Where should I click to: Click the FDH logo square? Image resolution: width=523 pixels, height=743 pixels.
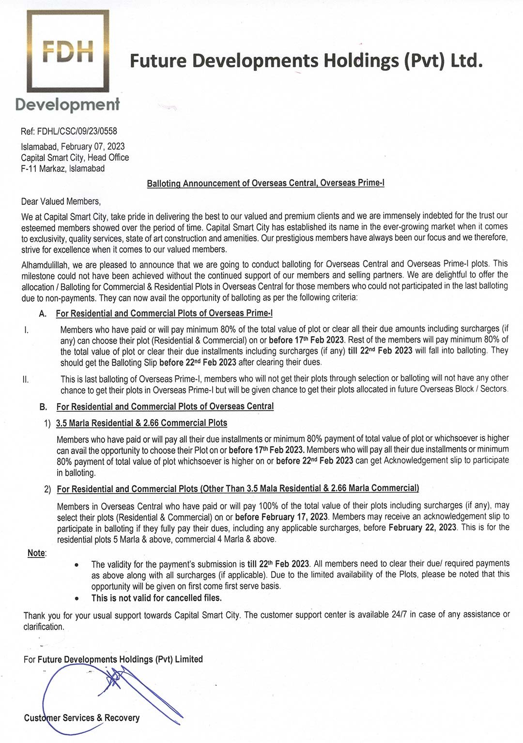pyautogui.click(x=68, y=51)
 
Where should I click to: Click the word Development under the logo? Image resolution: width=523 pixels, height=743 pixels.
pyautogui.click(x=67, y=104)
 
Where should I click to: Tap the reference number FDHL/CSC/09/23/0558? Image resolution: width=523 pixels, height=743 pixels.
pyautogui.click(x=77, y=131)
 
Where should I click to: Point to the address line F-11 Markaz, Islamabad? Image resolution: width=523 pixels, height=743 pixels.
pyautogui.click(x=62, y=169)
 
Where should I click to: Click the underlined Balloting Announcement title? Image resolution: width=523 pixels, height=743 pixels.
pyautogui.click(x=265, y=183)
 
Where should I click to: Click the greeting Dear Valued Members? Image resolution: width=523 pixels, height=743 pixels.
pyautogui.click(x=61, y=201)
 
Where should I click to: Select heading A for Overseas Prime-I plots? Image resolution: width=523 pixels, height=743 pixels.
pyautogui.click(x=164, y=313)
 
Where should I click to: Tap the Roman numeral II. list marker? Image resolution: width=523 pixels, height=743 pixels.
pyautogui.click(x=26, y=379)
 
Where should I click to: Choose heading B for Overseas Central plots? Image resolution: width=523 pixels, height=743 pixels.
pyautogui.click(x=165, y=406)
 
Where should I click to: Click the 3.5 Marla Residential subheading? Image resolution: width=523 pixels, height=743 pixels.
pyautogui.click(x=141, y=423)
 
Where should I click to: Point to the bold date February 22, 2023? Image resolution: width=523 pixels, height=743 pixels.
pyautogui.click(x=422, y=527)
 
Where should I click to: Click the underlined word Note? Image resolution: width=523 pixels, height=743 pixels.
pyautogui.click(x=36, y=553)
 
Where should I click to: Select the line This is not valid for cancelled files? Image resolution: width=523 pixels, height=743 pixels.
pyautogui.click(x=156, y=598)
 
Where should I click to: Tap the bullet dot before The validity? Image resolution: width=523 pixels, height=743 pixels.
pyautogui.click(x=77, y=565)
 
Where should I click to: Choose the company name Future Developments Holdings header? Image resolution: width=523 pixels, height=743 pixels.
pyautogui.click(x=306, y=61)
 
